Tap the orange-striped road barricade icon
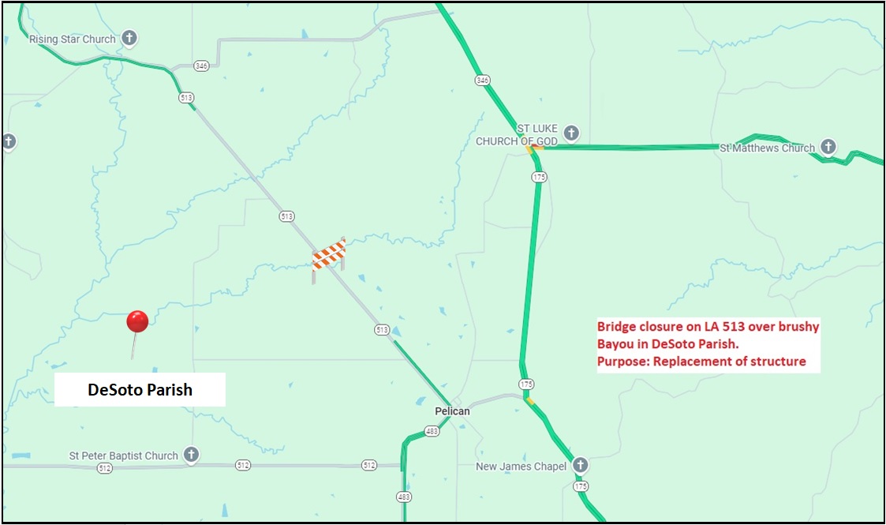click(329, 255)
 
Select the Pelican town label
click(452, 411)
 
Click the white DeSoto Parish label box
click(140, 390)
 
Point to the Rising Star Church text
click(73, 39)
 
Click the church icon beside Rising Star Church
click(129, 38)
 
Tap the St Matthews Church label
click(767, 148)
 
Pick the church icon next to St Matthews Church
click(828, 147)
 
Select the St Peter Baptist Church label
click(124, 456)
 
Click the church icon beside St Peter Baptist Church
click(190, 455)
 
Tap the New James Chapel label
click(521, 467)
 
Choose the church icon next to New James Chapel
click(581, 465)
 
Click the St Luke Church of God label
click(517, 135)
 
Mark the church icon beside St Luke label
click(572, 133)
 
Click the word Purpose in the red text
click(620, 362)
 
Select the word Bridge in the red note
click(614, 326)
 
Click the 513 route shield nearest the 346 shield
click(186, 97)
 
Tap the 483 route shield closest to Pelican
click(432, 431)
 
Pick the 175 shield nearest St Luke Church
click(539, 178)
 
